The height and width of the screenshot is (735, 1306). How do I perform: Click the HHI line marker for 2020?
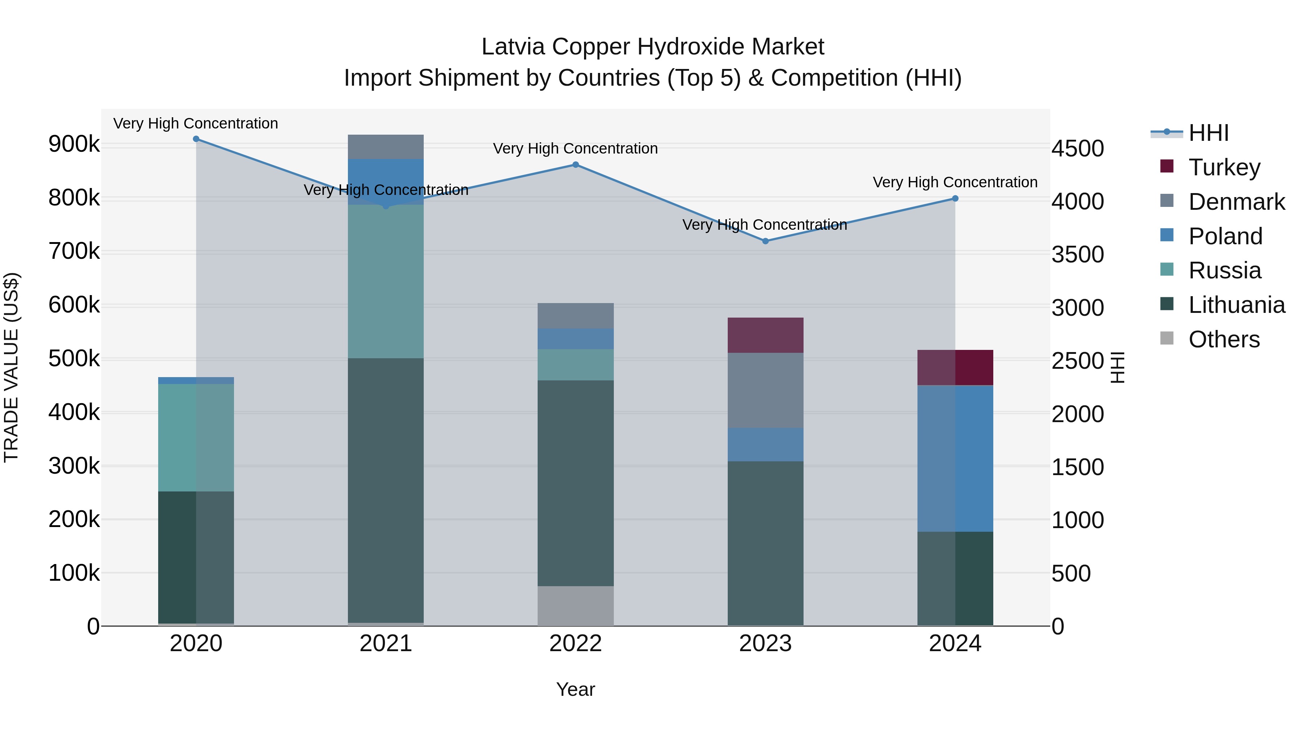(196, 139)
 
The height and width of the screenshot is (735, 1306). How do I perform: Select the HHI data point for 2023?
(765, 241)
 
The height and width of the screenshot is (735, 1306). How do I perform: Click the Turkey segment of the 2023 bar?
(765, 335)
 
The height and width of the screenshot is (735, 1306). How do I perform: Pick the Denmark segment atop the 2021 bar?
(386, 147)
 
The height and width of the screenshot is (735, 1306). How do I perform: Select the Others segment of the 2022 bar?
(575, 606)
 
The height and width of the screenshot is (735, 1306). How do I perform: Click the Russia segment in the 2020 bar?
(196, 437)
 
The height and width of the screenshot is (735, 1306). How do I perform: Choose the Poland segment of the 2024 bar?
(955, 458)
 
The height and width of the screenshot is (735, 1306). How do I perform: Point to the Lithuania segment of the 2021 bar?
(386, 490)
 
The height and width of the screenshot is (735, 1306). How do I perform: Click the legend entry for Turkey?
(1224, 167)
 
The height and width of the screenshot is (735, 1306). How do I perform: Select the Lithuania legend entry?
(1236, 305)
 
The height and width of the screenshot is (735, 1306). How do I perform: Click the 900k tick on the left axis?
(74, 144)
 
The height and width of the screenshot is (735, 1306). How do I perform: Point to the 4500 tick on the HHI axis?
(1077, 148)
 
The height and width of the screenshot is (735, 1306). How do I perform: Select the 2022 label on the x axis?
(575, 644)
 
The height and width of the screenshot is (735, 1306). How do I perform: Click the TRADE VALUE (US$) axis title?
(11, 367)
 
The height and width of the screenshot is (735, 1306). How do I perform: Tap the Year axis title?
(575, 689)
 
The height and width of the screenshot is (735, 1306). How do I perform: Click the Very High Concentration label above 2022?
(575, 148)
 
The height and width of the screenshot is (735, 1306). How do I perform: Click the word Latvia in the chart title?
(513, 47)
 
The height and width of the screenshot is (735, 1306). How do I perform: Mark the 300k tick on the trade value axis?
(74, 466)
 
